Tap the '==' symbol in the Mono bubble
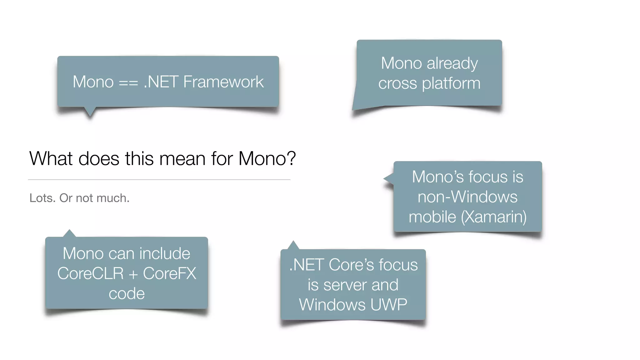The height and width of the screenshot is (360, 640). pos(128,82)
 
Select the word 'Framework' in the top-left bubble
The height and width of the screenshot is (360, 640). pos(223,82)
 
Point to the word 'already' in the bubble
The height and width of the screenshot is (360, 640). pos(452,64)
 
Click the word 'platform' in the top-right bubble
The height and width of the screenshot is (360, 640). pos(451,84)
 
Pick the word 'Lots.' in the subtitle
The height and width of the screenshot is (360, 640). pos(42,198)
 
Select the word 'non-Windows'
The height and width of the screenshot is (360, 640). pos(467,197)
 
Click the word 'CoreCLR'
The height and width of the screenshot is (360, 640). pos(91,273)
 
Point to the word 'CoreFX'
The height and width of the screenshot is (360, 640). pos(170,273)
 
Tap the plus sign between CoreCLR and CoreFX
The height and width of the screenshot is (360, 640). pos(133,274)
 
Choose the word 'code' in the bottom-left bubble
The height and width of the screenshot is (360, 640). pos(127,294)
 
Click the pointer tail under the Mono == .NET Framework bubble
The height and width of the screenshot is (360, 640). pos(90,112)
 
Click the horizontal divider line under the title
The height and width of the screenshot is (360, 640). pos(159,180)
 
